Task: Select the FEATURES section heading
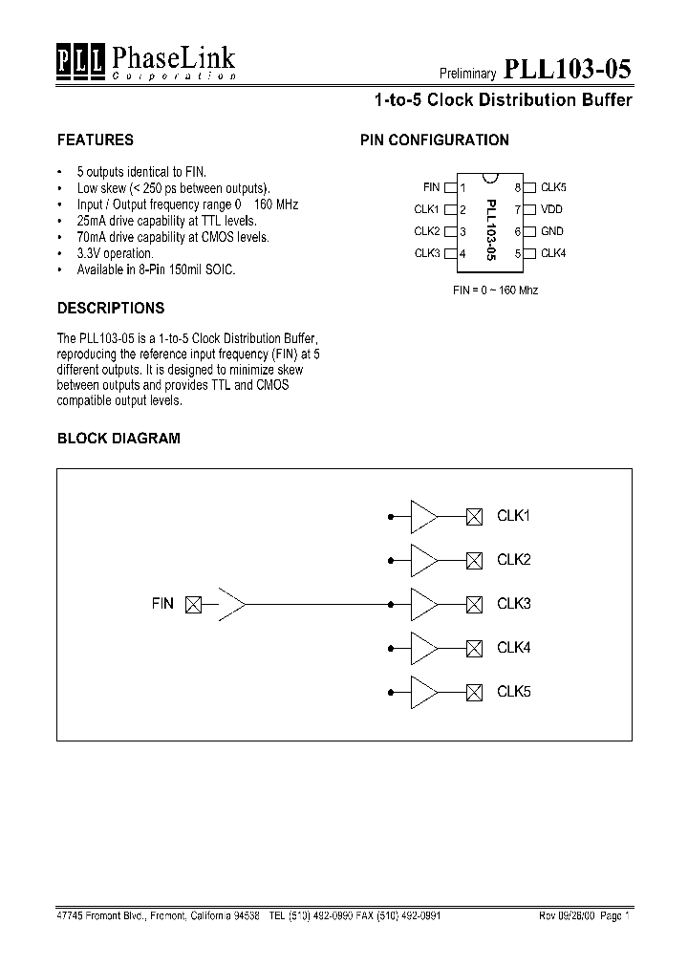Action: point(96,140)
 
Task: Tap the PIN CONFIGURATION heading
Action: point(434,140)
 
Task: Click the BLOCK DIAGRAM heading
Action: point(118,439)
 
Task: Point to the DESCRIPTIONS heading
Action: point(111,308)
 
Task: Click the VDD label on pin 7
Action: point(551,209)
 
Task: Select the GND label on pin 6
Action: point(551,231)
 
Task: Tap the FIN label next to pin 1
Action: point(431,187)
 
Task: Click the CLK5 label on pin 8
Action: point(553,187)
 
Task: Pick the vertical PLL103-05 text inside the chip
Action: point(490,229)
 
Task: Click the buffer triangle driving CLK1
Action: point(422,516)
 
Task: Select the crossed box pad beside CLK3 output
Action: point(473,604)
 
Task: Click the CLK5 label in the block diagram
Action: point(513,692)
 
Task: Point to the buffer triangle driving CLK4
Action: point(422,648)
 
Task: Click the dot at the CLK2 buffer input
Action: point(390,560)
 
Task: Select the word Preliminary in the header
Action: point(467,74)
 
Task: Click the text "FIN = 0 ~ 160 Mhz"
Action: point(495,290)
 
